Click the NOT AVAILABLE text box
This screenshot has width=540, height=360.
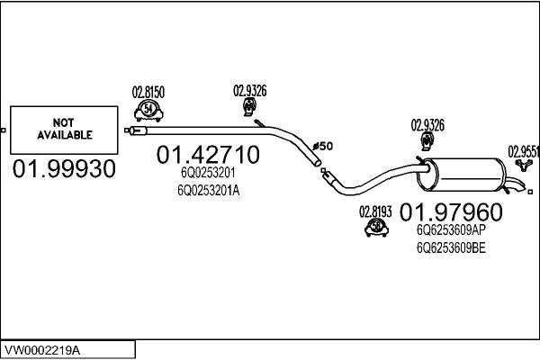(x=65, y=130)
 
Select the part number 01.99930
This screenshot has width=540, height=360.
(x=64, y=169)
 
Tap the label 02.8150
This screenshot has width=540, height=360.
(x=148, y=92)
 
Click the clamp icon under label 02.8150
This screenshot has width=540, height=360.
(x=148, y=110)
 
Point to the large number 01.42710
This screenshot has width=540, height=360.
(x=208, y=156)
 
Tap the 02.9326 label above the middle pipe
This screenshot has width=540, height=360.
(x=249, y=89)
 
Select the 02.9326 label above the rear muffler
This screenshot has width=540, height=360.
(x=427, y=125)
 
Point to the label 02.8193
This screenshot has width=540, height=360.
(x=375, y=212)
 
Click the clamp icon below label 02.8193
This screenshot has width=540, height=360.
(x=374, y=230)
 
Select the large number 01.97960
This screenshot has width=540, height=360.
(x=451, y=212)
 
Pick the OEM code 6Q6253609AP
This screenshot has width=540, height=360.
(x=450, y=230)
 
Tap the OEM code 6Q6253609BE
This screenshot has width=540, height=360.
(x=450, y=247)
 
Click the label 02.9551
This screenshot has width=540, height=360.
(x=524, y=151)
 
